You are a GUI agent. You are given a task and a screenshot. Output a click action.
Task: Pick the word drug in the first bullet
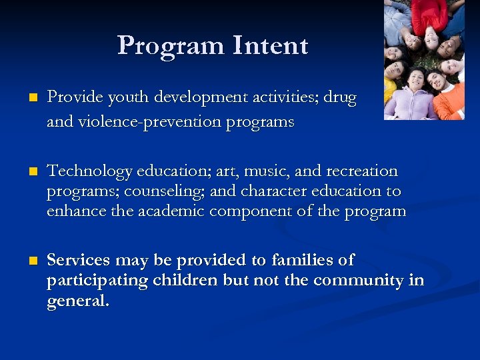(x=342, y=98)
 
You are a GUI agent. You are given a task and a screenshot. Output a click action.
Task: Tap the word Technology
(x=89, y=172)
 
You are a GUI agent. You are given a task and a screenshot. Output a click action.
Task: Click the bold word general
(x=77, y=301)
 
